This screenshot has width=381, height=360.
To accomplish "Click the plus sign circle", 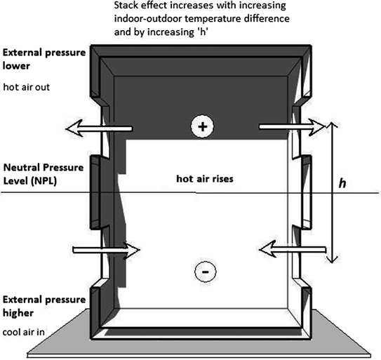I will coord(203,127).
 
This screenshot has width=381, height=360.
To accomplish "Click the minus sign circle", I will coord(203,269).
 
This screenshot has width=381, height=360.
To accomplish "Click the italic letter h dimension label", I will coord(342,184).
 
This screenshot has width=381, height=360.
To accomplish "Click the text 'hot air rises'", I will coord(204,179).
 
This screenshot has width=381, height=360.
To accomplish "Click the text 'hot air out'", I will coord(29,86).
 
